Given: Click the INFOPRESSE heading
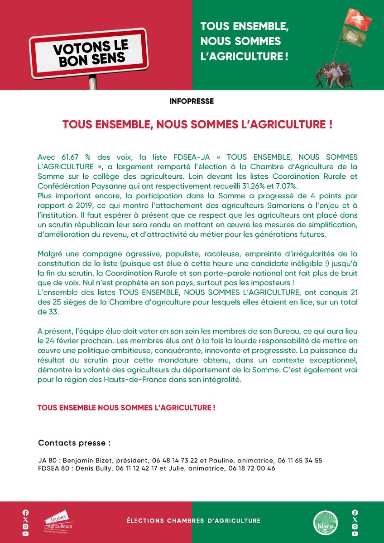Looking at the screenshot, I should [x=192, y=101].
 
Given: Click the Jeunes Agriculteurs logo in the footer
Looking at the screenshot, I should [x=58, y=521].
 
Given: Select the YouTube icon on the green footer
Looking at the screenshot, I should [x=355, y=533].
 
